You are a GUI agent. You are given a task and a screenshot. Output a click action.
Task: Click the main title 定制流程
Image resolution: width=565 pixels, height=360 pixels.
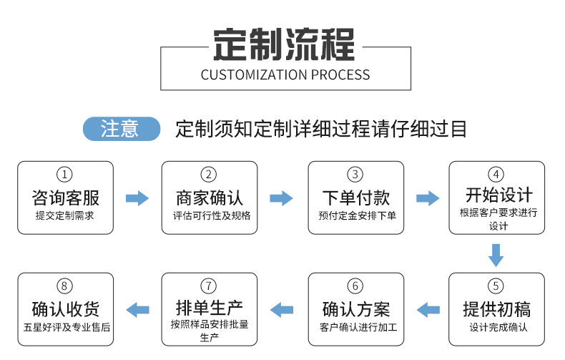(x=285, y=44)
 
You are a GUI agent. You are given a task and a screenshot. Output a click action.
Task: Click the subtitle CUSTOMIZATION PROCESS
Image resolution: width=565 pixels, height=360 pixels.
(x=285, y=75)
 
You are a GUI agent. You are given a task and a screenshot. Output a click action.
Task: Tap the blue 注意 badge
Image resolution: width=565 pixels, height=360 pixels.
(x=122, y=129)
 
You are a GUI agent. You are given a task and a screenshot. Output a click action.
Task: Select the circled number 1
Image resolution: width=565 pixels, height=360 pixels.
(x=65, y=175)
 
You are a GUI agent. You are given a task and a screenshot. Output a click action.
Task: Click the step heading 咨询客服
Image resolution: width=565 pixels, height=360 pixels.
(x=65, y=197)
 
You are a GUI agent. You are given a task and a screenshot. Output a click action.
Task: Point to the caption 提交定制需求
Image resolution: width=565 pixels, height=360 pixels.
(x=65, y=215)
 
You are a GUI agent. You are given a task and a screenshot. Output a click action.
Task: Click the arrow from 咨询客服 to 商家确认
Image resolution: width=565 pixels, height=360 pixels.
(x=137, y=198)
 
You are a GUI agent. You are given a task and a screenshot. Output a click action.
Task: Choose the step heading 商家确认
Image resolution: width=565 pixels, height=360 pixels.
(x=209, y=197)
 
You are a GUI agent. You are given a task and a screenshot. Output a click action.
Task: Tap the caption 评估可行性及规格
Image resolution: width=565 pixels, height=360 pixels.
(x=209, y=215)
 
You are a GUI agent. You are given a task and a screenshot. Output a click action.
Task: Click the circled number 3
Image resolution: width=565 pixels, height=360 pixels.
(x=355, y=175)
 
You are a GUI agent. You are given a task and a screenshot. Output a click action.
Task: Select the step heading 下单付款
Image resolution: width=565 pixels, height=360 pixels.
(x=355, y=197)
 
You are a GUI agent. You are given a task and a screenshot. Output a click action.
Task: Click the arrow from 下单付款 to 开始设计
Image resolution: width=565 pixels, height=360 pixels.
(x=428, y=198)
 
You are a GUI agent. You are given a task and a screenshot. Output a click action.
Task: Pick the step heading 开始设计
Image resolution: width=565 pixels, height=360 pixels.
(x=496, y=195)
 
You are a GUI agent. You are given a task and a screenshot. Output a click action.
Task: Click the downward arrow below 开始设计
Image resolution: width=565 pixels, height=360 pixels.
(x=496, y=254)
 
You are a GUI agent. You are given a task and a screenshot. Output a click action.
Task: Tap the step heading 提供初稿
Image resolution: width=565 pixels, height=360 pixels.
(x=496, y=309)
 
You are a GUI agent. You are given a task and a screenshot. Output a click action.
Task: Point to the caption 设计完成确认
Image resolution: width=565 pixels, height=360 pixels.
(x=496, y=328)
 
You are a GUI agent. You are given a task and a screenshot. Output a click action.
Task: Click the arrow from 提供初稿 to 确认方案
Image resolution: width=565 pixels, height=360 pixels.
(x=428, y=310)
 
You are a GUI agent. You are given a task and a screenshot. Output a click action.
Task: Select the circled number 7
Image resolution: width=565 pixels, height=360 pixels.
(x=209, y=286)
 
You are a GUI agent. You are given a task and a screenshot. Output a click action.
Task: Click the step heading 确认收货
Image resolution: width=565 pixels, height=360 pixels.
(x=65, y=309)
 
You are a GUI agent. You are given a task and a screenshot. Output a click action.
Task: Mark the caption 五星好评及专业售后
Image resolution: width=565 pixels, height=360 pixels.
(x=65, y=328)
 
